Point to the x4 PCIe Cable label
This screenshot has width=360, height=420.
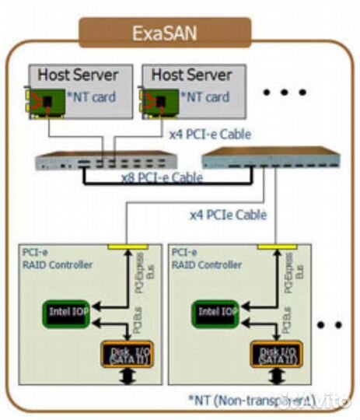point(228,214)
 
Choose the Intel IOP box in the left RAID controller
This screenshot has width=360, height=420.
point(69,313)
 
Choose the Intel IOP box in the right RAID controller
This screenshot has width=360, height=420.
point(217,313)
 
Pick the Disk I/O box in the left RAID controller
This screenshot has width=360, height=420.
point(124,354)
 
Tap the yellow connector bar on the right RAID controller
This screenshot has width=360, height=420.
point(274,247)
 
